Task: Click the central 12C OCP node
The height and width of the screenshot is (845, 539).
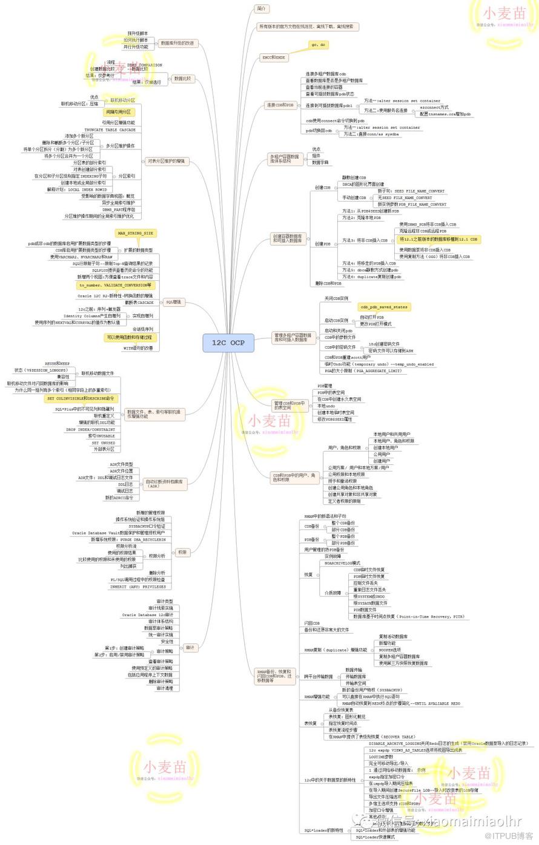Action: point(228,343)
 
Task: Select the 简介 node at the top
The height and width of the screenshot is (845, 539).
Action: point(262,9)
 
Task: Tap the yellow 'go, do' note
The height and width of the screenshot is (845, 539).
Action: point(319,45)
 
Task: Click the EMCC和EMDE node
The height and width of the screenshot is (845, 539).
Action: point(274,58)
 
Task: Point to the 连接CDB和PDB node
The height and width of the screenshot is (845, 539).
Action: point(280,105)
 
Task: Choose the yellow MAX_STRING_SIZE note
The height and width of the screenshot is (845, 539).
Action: point(136,233)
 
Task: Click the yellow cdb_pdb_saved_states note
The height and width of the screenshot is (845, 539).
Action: point(384,307)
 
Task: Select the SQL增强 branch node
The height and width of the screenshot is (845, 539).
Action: point(174,302)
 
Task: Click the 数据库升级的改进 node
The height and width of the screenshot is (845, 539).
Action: point(177,44)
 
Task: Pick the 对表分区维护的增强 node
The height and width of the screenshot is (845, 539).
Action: point(167,162)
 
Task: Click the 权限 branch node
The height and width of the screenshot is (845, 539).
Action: point(182,552)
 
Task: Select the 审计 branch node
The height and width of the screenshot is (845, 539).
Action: point(190,648)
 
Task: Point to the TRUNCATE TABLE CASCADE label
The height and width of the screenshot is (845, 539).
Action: point(110,130)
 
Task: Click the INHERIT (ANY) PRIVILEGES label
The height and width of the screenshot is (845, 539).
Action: point(137,587)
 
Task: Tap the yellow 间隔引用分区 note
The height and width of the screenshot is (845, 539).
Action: point(118,112)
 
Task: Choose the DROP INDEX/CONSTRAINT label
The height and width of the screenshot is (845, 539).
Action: point(90,429)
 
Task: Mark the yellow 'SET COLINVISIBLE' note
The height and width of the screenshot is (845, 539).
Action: point(81,399)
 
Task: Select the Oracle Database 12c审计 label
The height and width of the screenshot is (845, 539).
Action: point(147,614)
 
